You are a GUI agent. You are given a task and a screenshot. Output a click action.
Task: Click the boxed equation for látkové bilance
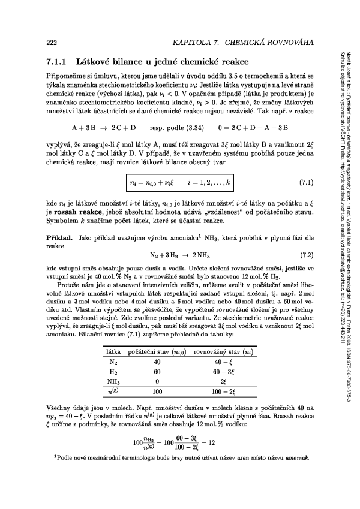pyautogui.click(x=180, y=180)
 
